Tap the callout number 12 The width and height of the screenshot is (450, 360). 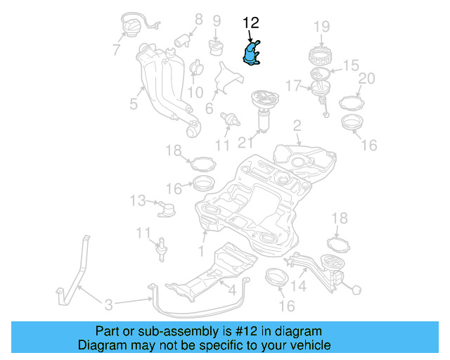pos(251,23)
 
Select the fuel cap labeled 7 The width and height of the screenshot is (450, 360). pos(132,29)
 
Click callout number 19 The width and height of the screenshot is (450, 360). pos(321,27)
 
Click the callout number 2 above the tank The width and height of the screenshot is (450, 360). pos(297,126)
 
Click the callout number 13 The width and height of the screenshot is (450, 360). pos(138,201)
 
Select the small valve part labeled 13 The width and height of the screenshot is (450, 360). pos(167,208)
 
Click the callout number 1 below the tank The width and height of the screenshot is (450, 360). pos(201,250)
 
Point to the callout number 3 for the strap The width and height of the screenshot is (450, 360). pos(108,304)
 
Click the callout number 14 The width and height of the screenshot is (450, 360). pos(300,286)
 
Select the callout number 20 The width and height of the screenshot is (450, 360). pos(366,78)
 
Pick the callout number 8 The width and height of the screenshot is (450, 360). pos(198,20)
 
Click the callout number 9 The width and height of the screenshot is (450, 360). pos(217,20)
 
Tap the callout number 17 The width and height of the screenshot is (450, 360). pos(292,86)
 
